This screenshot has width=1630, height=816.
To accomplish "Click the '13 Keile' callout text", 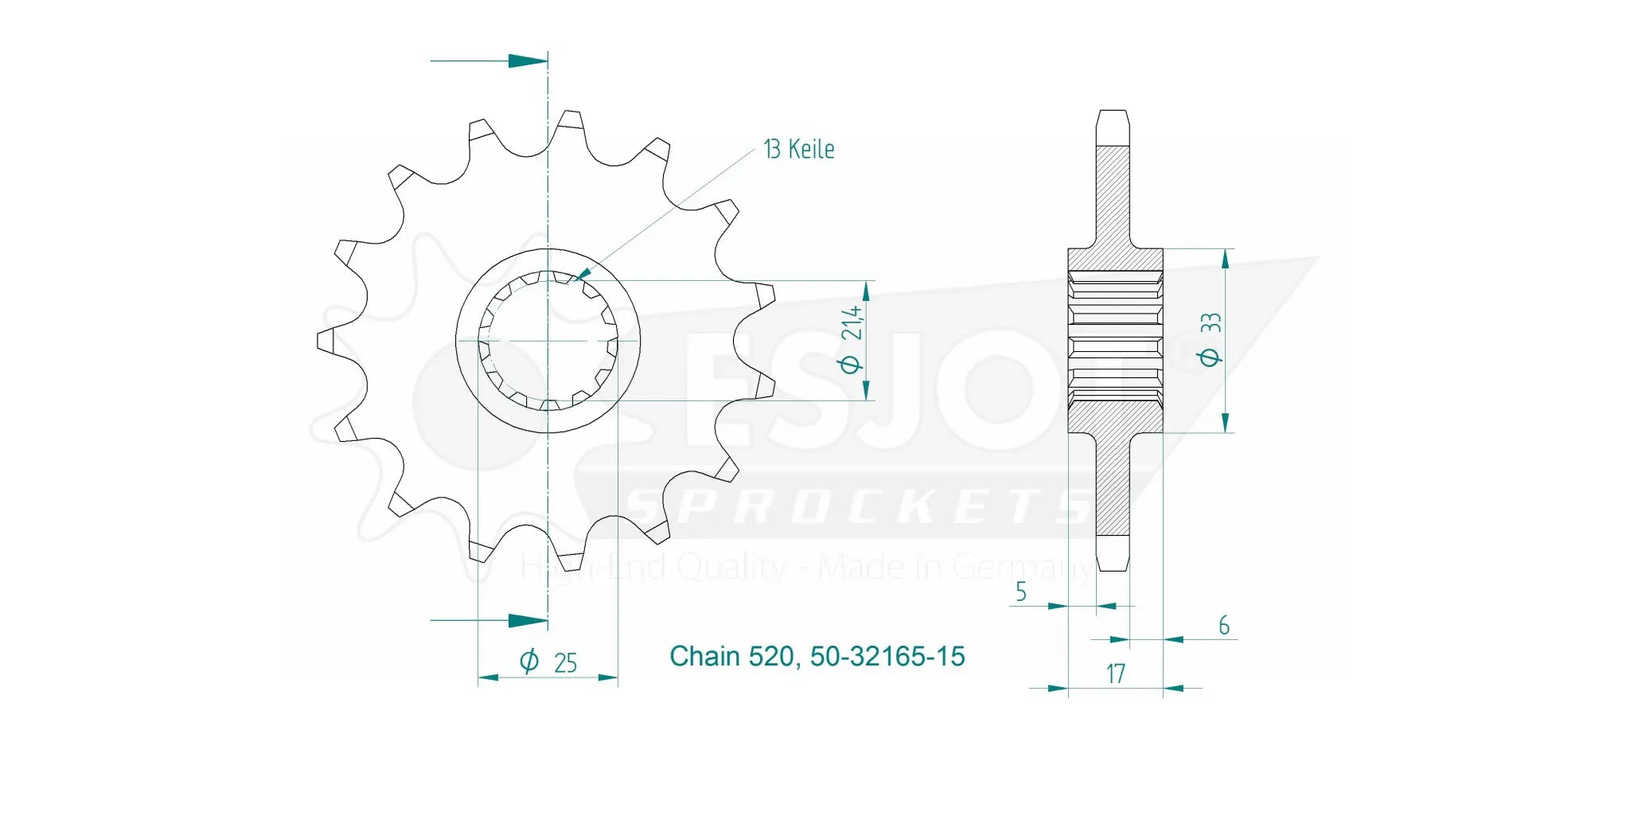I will pyautogui.click(x=798, y=149).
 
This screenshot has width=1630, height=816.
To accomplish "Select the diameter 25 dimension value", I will pyautogui.click(x=549, y=662).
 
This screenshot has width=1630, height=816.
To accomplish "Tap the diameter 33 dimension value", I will pyautogui.click(x=1211, y=340).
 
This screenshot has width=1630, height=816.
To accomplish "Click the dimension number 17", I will pyautogui.click(x=1115, y=674).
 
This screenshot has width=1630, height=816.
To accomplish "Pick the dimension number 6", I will pyautogui.click(x=1223, y=625).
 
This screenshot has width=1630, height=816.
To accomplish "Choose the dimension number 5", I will pyautogui.click(x=1020, y=592).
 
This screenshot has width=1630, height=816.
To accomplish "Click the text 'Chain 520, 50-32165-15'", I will pyautogui.click(x=817, y=656).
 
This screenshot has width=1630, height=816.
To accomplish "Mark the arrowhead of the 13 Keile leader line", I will pyautogui.click(x=583, y=274).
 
